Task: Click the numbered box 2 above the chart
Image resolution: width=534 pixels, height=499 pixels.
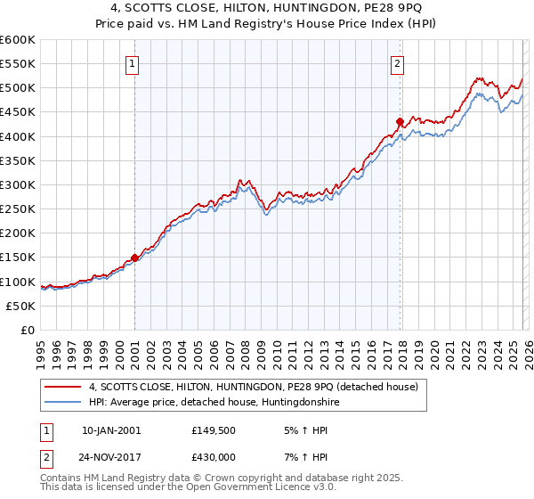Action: coord(397,63)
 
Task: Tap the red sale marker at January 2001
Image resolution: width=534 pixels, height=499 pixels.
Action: coord(134,258)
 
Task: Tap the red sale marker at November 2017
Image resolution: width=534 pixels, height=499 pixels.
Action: coord(400,121)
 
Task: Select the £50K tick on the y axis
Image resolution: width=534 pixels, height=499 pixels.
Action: coord(21,306)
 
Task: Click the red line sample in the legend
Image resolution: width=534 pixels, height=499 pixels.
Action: coord(63,387)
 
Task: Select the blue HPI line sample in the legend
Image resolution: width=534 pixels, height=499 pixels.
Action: coord(63,403)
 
